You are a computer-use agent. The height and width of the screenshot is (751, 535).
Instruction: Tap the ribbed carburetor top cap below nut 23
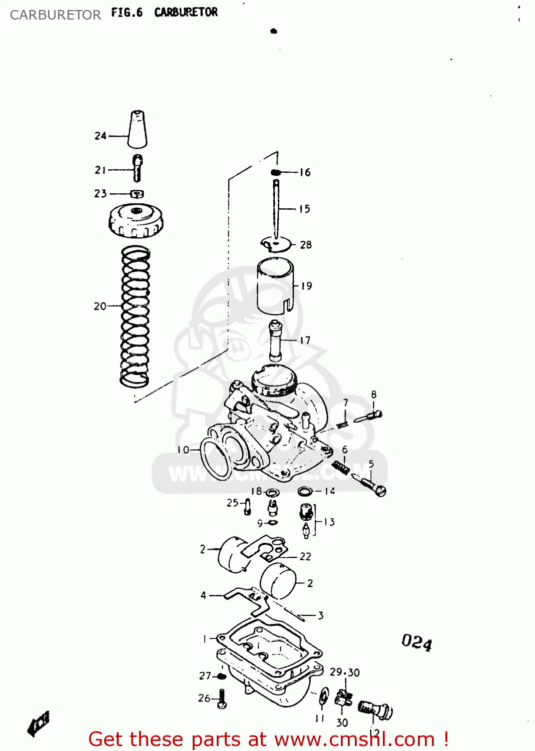pyautogui.click(x=136, y=221)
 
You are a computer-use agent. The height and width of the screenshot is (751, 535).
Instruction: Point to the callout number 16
pyautogui.click(x=305, y=173)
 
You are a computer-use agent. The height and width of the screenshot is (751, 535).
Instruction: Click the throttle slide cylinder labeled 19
pyautogui.click(x=275, y=286)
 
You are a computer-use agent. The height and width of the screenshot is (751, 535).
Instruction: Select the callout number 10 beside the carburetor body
pyautogui.click(x=183, y=450)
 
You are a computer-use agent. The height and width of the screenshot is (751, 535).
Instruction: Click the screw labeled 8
pyautogui.click(x=370, y=416)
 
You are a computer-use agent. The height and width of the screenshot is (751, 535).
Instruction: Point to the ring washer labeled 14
pyautogui.click(x=305, y=491)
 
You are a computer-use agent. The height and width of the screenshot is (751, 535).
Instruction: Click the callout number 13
pyautogui.click(x=329, y=522)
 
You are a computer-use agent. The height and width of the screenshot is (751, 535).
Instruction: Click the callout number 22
pyautogui.click(x=305, y=556)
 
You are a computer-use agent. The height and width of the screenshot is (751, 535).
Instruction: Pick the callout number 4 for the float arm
pyautogui.click(x=203, y=595)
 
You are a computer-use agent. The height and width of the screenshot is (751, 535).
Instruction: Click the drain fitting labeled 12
pyautogui.click(x=375, y=710)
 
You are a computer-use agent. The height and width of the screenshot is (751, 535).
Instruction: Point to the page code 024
pyautogui.click(x=416, y=642)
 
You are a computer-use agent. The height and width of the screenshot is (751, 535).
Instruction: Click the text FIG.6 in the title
pyautogui.click(x=127, y=13)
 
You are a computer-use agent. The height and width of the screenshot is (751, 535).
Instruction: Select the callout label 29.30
pyautogui.click(x=344, y=672)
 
